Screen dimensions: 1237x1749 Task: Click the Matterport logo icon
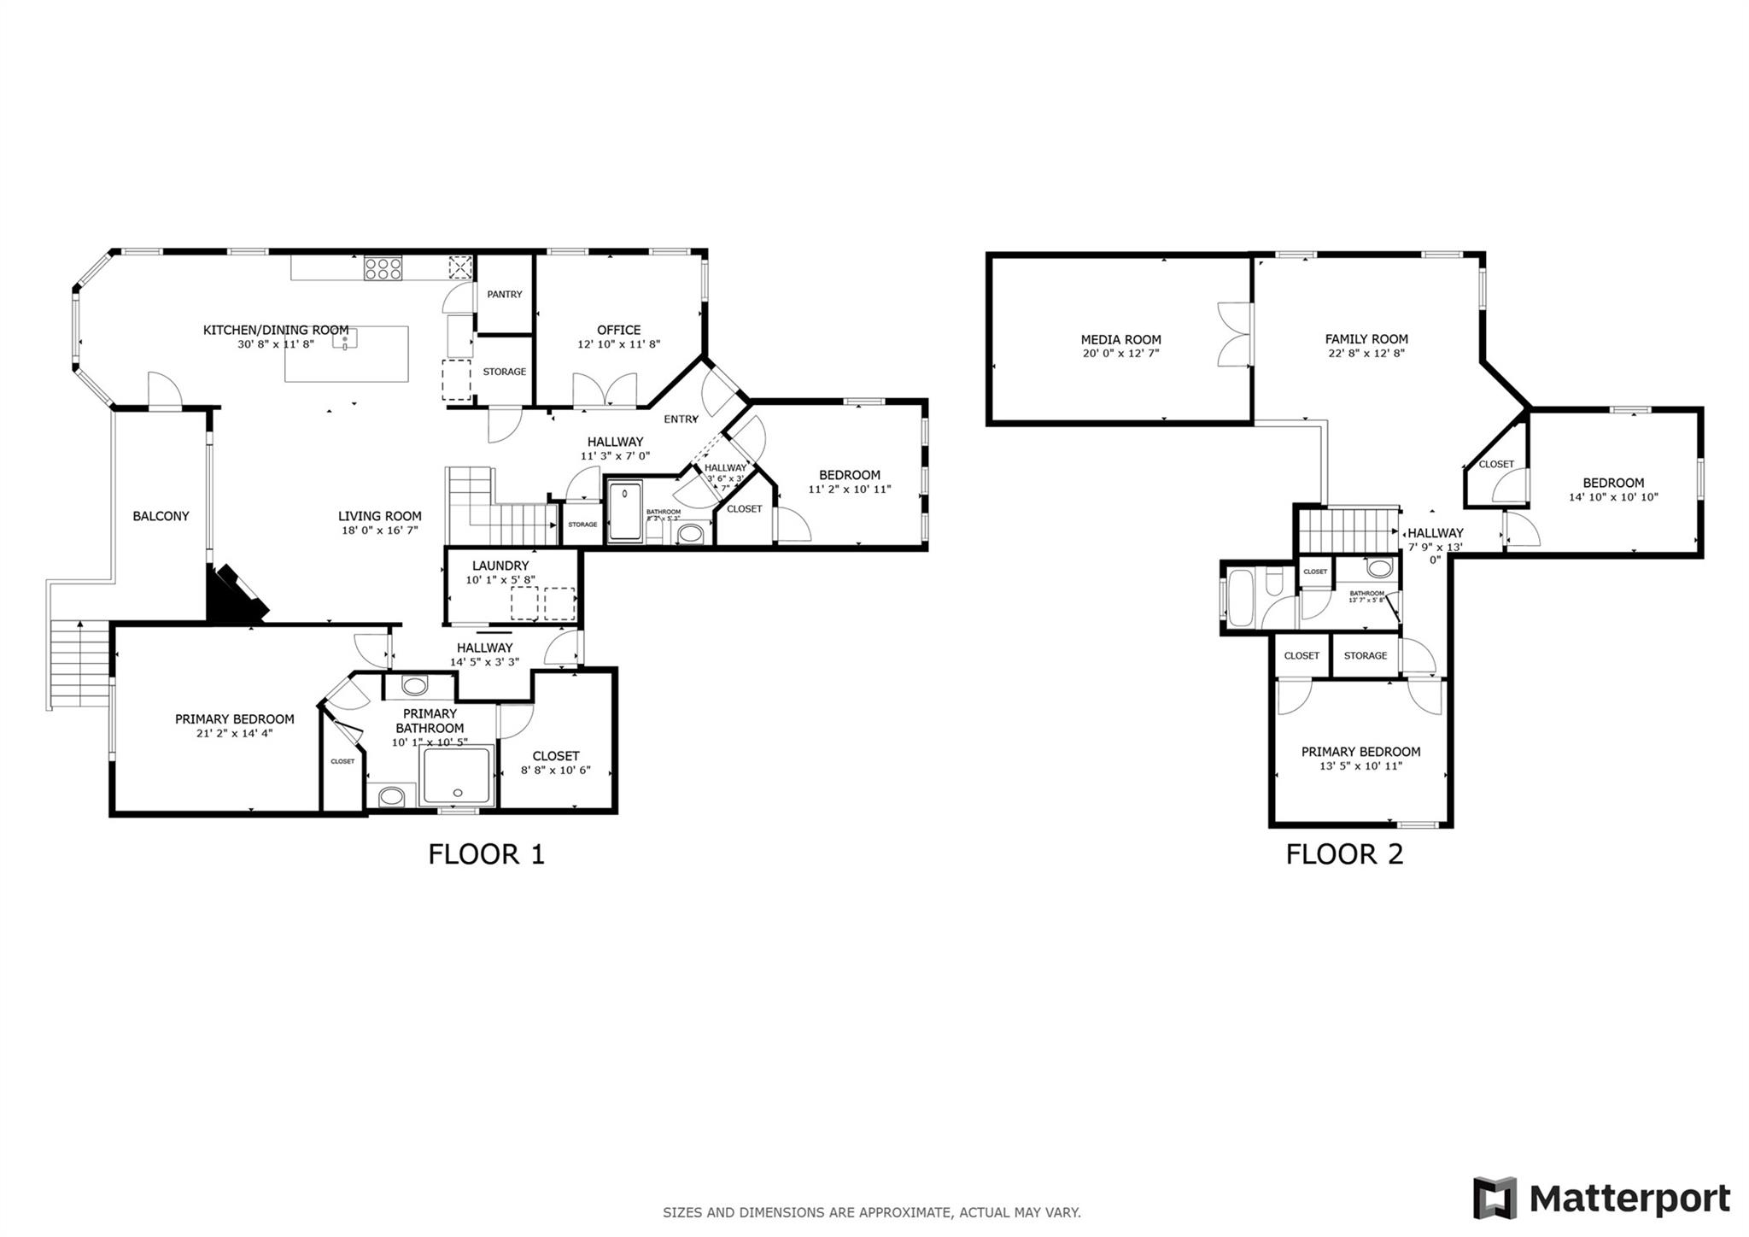click(x=1494, y=1198)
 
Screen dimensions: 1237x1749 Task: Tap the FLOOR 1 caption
click(x=486, y=854)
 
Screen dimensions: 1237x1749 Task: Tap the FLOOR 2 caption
click(x=1344, y=854)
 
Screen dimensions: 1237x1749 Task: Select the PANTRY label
click(x=504, y=295)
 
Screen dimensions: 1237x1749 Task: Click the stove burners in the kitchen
click(x=383, y=268)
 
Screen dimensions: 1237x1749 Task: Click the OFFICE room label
click(x=618, y=330)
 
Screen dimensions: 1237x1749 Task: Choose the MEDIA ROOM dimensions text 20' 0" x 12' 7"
click(x=1120, y=353)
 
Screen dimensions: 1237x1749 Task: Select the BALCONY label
click(x=161, y=516)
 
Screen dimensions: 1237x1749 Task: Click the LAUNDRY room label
click(x=500, y=566)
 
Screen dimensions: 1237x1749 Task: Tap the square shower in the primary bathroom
click(x=458, y=776)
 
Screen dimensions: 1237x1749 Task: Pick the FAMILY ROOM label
click(x=1366, y=339)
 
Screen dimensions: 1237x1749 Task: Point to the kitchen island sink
click(x=345, y=339)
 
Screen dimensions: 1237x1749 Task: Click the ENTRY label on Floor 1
click(x=681, y=419)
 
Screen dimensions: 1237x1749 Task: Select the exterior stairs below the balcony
click(x=79, y=664)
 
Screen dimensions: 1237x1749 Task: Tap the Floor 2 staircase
click(x=1348, y=530)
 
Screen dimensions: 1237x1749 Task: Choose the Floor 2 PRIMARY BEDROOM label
click(x=1360, y=752)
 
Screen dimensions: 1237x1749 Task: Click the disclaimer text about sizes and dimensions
click(x=871, y=1212)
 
